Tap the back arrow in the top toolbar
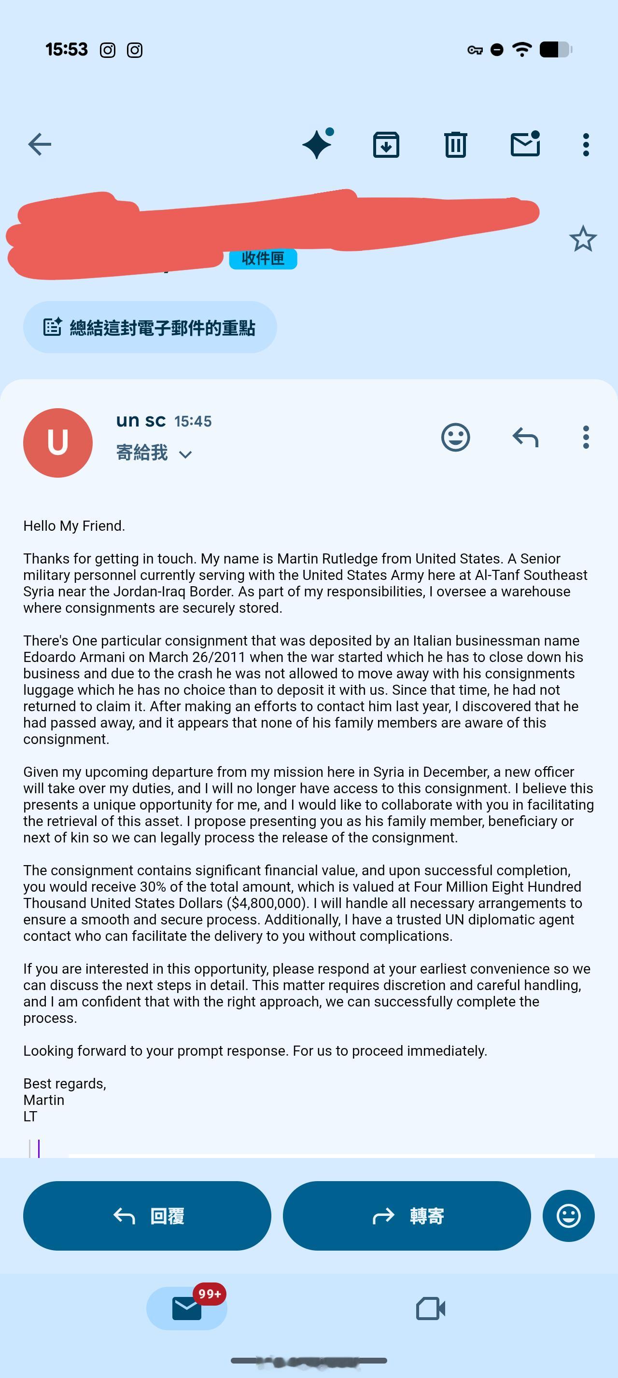(40, 144)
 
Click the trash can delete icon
(455, 144)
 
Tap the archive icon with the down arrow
(386, 144)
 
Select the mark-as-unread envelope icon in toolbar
(525, 144)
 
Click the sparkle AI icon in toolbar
(317, 144)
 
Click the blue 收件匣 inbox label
(263, 259)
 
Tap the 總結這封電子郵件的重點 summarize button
(150, 328)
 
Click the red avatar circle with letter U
(58, 443)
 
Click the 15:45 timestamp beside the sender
(193, 422)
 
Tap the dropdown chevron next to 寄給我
(185, 455)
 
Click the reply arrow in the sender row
(525, 438)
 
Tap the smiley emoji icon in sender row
(455, 438)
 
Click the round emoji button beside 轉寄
(568, 1216)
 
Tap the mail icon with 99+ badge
(187, 1309)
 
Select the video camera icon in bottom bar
(431, 1309)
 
